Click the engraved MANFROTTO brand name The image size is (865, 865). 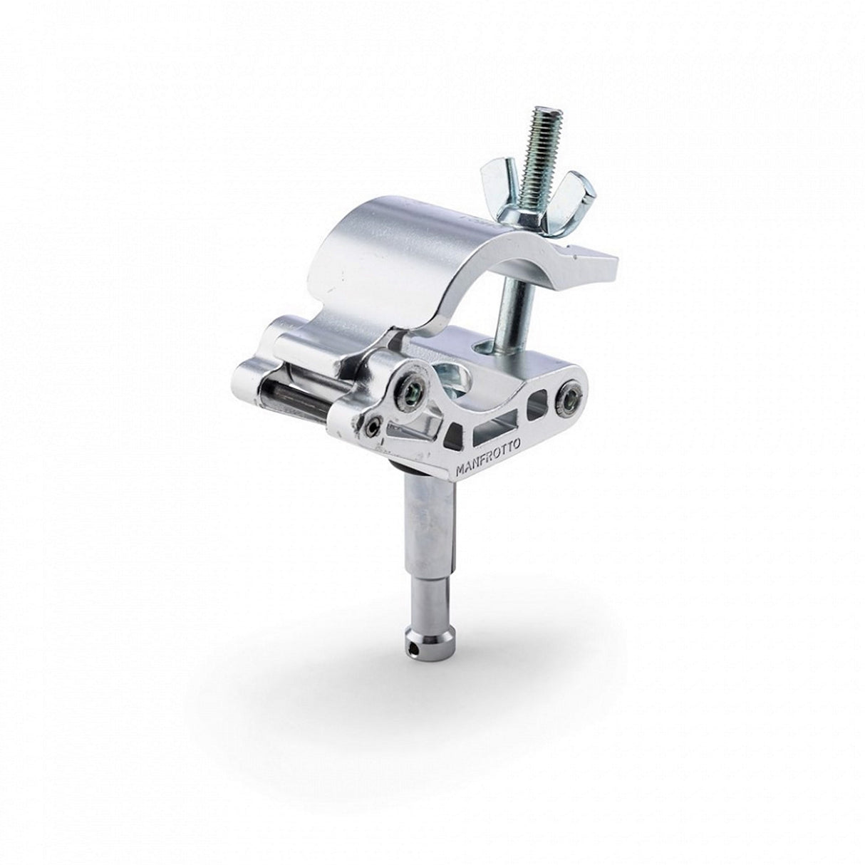coord(488,455)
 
